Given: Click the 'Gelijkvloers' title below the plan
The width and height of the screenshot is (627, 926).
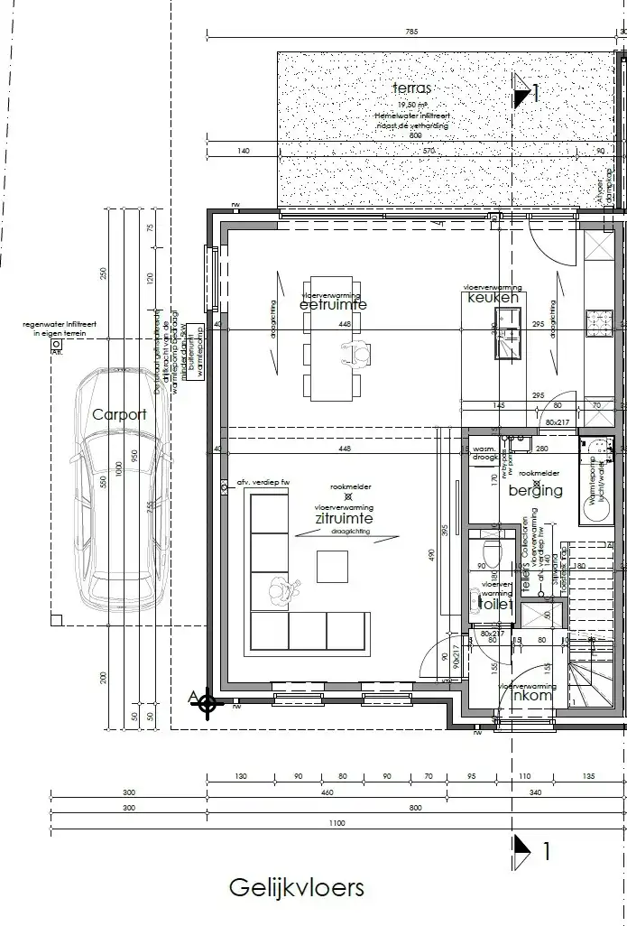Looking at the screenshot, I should click(x=296, y=887).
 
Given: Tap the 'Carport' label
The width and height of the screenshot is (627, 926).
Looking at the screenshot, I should click(x=119, y=414).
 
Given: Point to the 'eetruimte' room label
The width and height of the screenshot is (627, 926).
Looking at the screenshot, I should click(x=333, y=305).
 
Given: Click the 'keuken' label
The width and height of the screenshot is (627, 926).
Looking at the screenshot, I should click(x=493, y=297).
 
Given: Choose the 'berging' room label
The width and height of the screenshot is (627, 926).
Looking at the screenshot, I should click(x=535, y=491).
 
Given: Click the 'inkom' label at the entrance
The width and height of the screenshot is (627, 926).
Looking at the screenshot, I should click(x=531, y=696).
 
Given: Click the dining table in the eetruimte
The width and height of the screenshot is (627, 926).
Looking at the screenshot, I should click(x=333, y=338).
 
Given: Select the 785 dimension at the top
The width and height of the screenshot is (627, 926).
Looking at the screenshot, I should click(x=411, y=32).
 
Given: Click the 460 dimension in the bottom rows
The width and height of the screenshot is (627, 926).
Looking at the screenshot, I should click(x=327, y=793).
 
